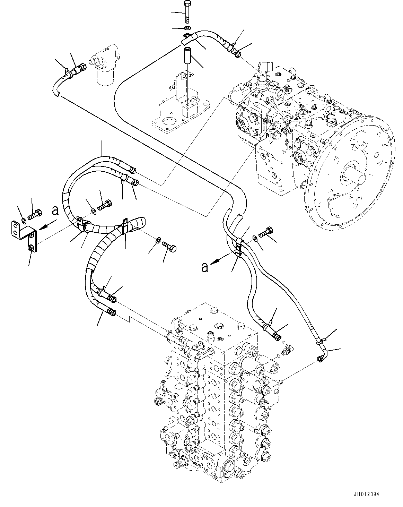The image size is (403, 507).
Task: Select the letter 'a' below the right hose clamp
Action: click(205, 267)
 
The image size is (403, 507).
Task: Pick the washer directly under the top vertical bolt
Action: click(187, 28)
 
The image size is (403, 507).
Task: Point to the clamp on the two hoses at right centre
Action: click(239, 247)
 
